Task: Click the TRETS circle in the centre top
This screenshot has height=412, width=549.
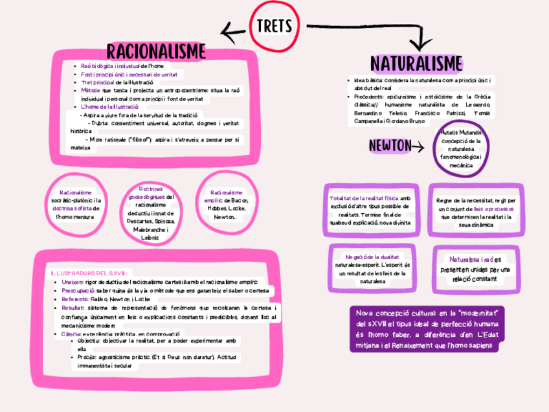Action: [274, 27]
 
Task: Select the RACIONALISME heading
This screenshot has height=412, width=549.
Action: [156, 51]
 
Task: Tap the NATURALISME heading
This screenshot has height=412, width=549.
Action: [416, 63]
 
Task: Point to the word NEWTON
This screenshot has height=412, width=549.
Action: [390, 146]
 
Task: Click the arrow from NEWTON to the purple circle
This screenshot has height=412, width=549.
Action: [418, 147]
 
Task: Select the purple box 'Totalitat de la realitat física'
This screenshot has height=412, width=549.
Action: [370, 209]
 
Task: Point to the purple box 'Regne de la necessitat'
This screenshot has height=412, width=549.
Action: [475, 209]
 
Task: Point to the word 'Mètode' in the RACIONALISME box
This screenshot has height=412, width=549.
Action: [91, 91]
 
